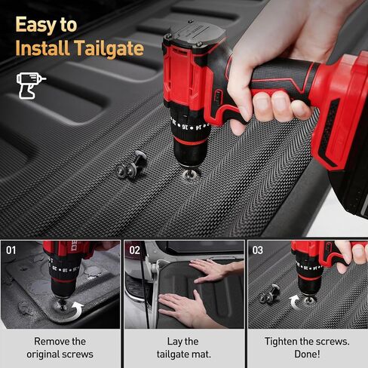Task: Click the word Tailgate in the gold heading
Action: (109, 48)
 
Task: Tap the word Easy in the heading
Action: (36, 25)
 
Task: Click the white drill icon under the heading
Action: (31, 85)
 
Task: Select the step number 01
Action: (11, 250)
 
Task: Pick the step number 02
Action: (134, 250)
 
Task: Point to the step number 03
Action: (258, 250)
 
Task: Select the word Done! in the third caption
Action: (307, 354)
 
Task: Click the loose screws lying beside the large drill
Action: (132, 165)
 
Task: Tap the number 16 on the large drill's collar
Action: (185, 127)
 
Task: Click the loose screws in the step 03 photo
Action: (269, 293)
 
